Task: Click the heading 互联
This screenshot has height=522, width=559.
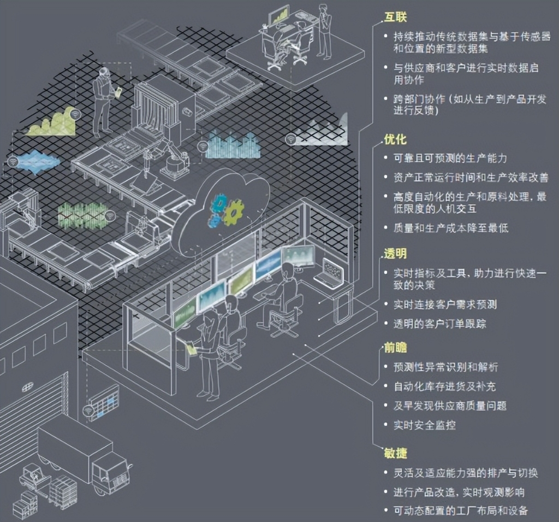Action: pos(395,17)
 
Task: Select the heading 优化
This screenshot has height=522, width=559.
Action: pos(395,139)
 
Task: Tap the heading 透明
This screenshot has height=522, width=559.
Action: pos(395,254)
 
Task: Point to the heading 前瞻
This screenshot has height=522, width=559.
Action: pos(395,347)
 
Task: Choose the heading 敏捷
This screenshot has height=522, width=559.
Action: pos(395,453)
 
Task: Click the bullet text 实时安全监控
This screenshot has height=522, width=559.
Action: pos(425,425)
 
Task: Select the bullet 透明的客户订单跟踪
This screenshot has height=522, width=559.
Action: pos(440,324)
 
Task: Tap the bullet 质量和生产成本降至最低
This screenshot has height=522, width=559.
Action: pos(451,228)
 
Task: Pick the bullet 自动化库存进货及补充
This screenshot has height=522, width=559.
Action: pos(444,386)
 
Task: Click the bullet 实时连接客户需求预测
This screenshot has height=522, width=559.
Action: pos(445,304)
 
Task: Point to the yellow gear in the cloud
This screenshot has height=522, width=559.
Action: pos(233,213)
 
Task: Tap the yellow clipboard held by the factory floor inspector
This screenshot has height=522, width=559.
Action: pos(118,91)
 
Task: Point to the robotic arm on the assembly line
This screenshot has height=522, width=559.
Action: pos(168,152)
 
